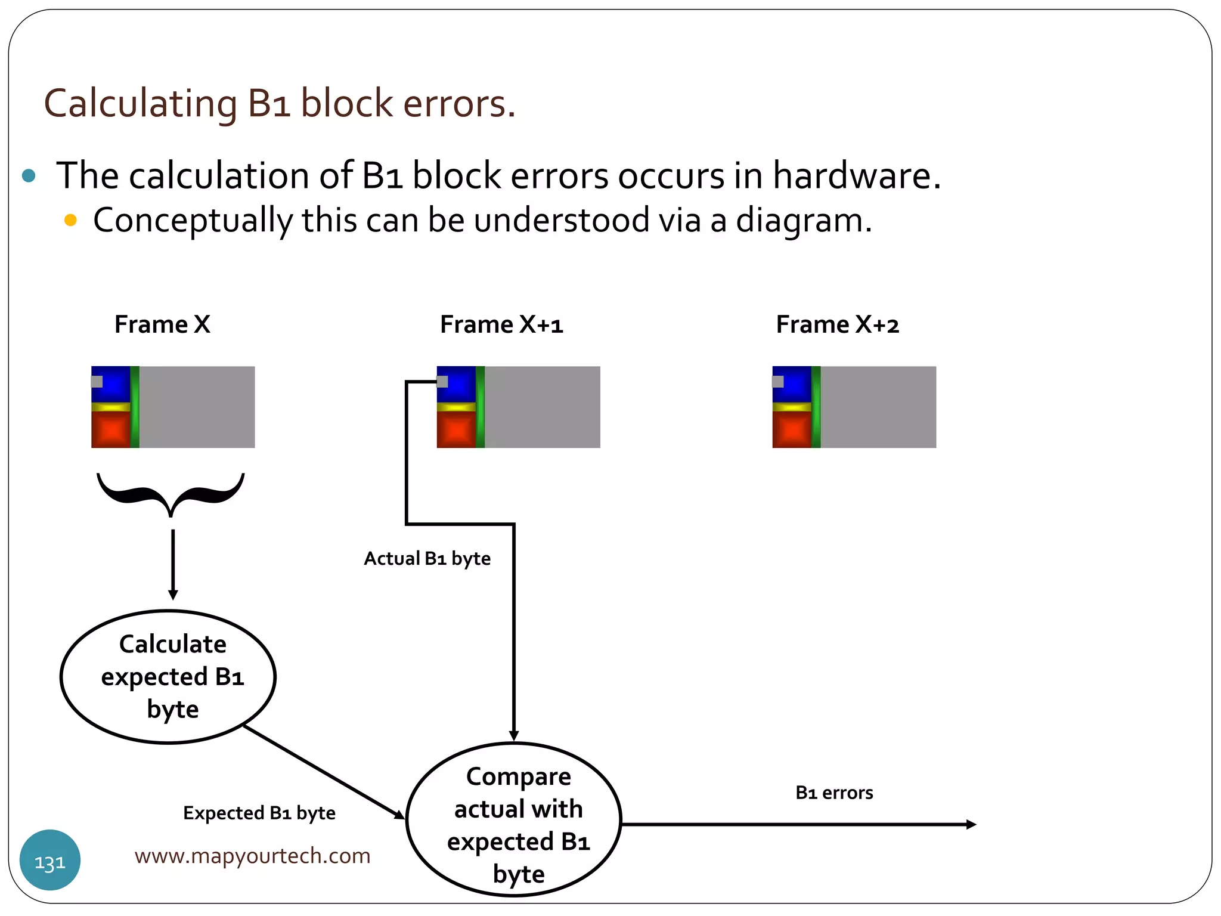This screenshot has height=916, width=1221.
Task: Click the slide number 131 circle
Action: tap(50, 860)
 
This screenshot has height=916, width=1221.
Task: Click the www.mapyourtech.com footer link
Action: tap(252, 856)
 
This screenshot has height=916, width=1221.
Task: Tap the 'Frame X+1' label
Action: tap(501, 324)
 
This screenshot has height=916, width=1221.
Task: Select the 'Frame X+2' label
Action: tap(837, 324)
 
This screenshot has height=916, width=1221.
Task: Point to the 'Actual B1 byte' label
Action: tap(427, 559)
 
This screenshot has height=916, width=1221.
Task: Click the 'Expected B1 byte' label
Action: tap(259, 813)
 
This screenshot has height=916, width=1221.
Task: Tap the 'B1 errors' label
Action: tap(834, 793)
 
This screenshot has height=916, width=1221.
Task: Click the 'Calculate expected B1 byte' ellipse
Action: tap(169, 677)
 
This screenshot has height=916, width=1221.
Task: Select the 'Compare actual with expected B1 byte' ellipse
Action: tap(514, 820)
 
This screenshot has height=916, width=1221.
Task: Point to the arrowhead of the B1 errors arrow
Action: tap(971, 824)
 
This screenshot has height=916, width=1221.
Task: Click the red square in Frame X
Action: tap(110, 429)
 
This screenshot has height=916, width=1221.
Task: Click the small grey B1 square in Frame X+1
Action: tap(442, 382)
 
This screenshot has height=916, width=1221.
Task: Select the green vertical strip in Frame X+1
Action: tap(481, 407)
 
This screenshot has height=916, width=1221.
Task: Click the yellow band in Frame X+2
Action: tap(792, 407)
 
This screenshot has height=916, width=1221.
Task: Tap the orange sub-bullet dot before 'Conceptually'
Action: tap(70, 220)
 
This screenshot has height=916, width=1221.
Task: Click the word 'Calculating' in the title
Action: tap(141, 103)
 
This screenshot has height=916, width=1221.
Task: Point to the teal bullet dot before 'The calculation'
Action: tap(29, 175)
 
